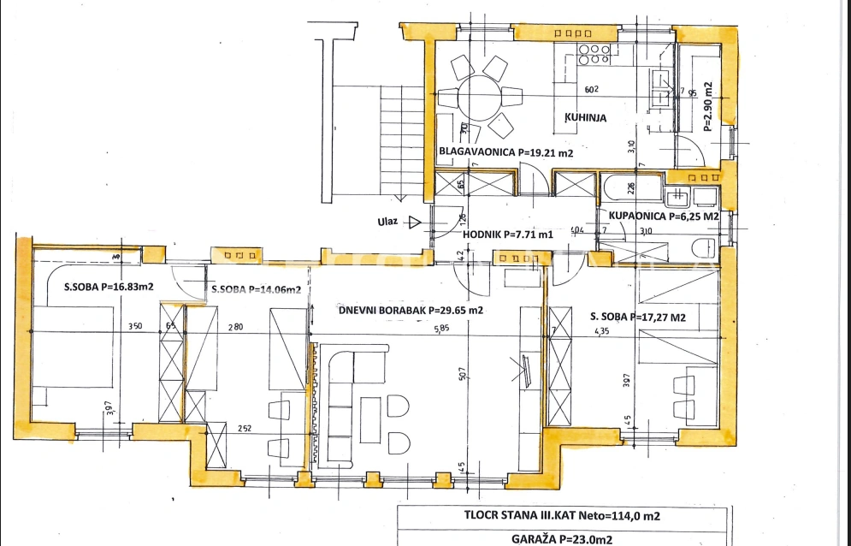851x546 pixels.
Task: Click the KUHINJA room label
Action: pos(585,118)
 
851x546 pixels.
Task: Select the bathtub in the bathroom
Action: pos(633,187)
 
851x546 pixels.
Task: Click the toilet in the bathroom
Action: pos(700,249)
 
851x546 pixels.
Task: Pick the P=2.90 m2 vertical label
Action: pos(707,105)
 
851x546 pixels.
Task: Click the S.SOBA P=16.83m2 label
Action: pos(108,287)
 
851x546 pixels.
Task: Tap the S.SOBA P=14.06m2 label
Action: pos(256,289)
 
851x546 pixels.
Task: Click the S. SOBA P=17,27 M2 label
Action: pos(638,317)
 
